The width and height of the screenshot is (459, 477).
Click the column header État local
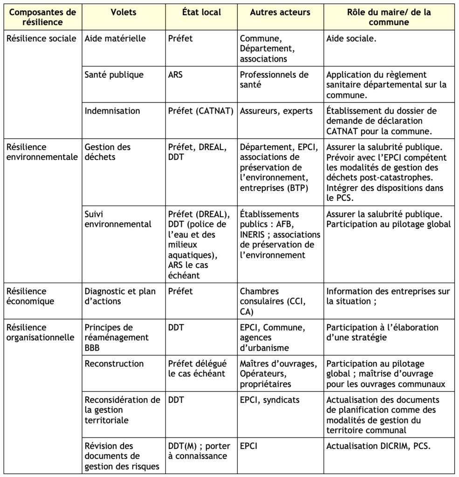coord(201,13)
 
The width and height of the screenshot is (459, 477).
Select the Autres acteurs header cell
coord(280,13)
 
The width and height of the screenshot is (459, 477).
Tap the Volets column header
coord(123,13)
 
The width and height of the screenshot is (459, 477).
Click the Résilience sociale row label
coord(41,39)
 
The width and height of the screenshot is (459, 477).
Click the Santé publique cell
coord(114,75)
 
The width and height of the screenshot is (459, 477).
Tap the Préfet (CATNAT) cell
coord(200,111)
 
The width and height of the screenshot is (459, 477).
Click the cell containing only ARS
coord(176,75)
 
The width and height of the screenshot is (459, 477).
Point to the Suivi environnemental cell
coord(118,219)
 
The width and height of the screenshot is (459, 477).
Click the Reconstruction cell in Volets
coord(114,364)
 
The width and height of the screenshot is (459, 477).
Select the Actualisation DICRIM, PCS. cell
coord(378,446)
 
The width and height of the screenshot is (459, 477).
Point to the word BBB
coord(93,348)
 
